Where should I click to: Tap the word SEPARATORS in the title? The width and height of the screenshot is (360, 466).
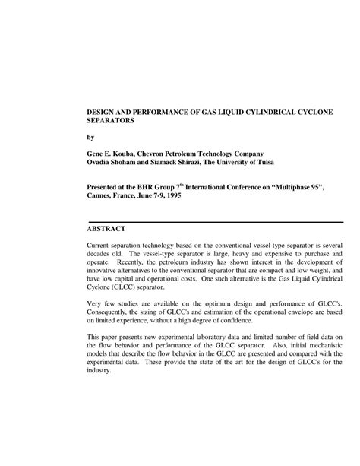[x=112, y=120]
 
